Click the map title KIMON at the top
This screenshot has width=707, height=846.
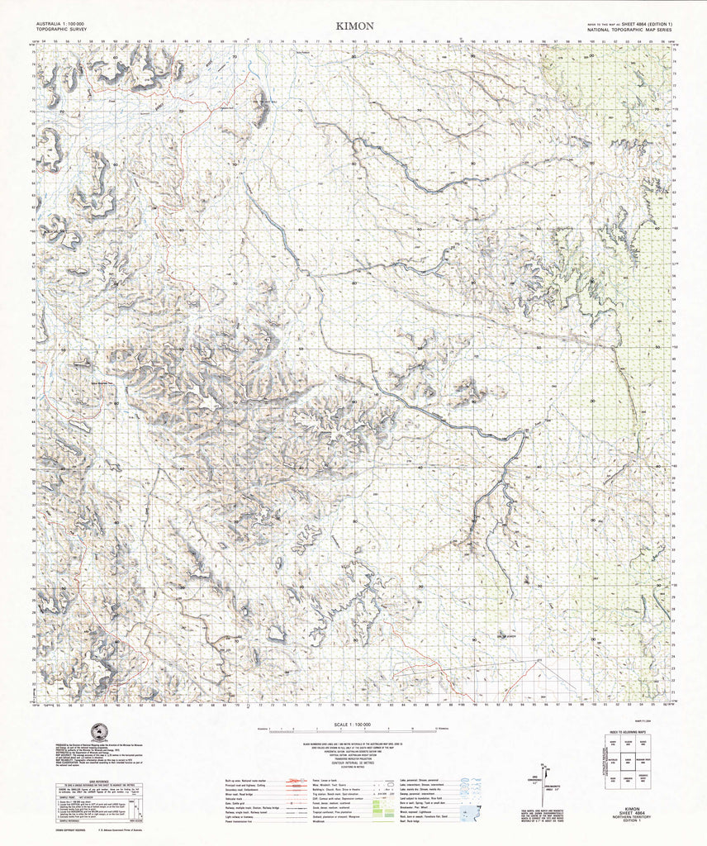[354, 26]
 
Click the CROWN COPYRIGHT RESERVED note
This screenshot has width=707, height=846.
[74, 835]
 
